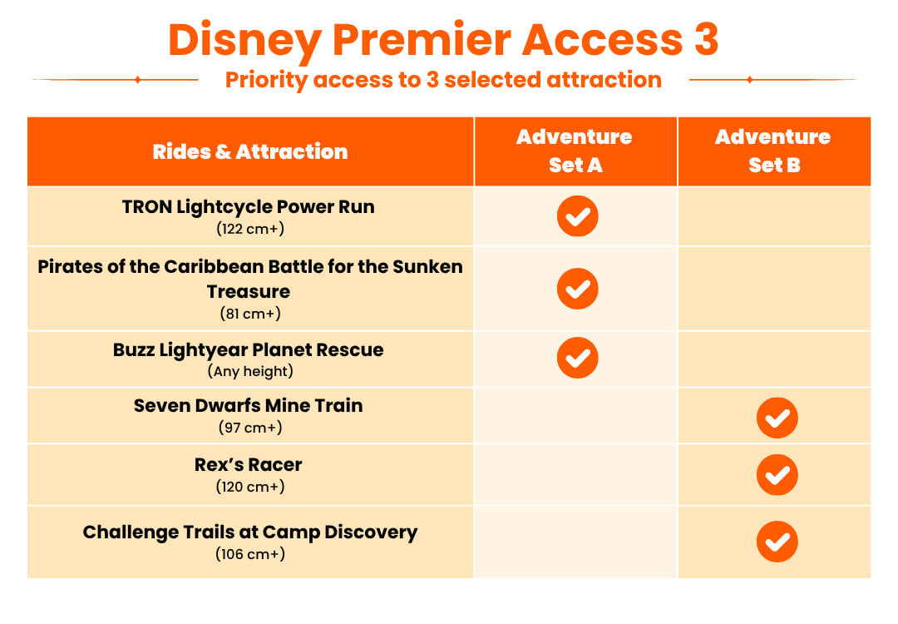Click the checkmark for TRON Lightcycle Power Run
click(577, 216)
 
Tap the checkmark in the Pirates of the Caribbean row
click(577, 288)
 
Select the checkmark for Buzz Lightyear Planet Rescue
click(577, 358)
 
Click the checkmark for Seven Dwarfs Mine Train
click(777, 418)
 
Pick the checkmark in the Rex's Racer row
click(777, 474)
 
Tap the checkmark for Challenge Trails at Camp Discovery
click(777, 542)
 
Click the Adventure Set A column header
click(575, 151)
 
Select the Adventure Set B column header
click(773, 151)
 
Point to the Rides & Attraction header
click(250, 152)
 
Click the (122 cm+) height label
click(250, 229)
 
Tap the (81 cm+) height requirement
click(250, 314)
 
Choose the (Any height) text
click(250, 371)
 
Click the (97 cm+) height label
click(250, 428)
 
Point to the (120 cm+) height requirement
click(250, 487)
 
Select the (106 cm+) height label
click(250, 554)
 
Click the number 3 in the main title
click(706, 39)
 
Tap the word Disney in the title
click(244, 42)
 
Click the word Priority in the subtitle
click(267, 81)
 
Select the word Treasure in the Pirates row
click(249, 292)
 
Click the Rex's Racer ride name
click(249, 465)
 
